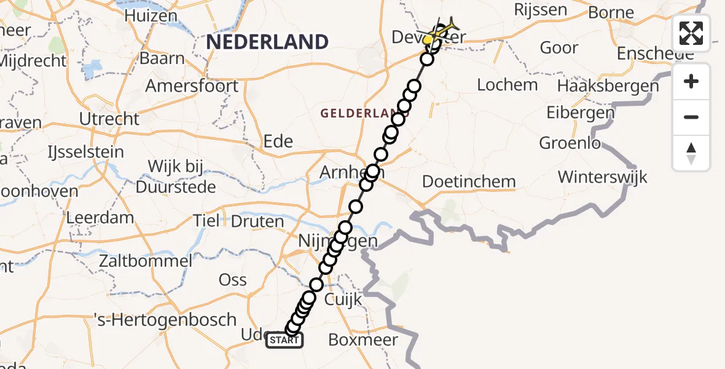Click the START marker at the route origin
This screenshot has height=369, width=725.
click(x=284, y=340)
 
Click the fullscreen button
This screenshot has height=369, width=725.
click(x=691, y=33)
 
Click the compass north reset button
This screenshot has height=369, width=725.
click(x=691, y=153)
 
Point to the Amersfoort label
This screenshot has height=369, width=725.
click(x=192, y=85)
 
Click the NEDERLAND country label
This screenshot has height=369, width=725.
click(x=267, y=42)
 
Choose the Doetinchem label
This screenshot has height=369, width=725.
click(x=469, y=181)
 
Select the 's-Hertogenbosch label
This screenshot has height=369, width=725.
click(x=165, y=320)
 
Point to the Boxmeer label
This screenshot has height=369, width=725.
click(x=363, y=339)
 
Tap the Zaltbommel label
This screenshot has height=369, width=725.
click(x=146, y=261)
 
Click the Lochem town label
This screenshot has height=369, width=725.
click(x=507, y=84)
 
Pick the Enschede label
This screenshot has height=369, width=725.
click(x=656, y=53)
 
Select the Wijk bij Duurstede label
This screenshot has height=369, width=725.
click(x=176, y=177)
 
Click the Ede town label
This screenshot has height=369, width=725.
click(x=278, y=141)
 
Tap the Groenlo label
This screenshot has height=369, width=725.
click(x=569, y=143)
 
